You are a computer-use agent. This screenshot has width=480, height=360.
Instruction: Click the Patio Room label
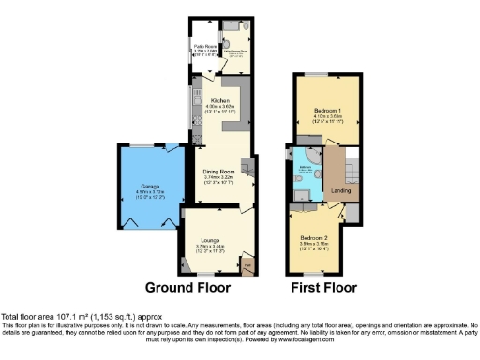click(x=205, y=45)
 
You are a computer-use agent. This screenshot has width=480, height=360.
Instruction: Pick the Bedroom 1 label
click(x=323, y=110)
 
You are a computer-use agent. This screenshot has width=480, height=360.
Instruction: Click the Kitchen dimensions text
click(x=221, y=111)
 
